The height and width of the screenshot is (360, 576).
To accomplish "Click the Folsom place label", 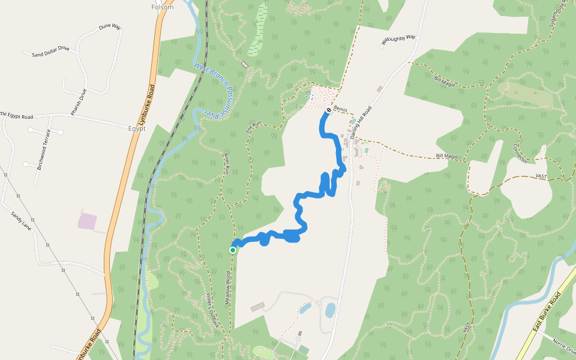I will tap(163, 7).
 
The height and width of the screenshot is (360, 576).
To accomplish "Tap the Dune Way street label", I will tap(110, 27).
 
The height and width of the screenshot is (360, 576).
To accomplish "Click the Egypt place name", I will tap(136, 128).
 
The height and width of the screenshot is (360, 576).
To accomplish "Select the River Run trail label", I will tap(227, 163).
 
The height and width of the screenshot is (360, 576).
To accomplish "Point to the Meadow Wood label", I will tap(228, 289).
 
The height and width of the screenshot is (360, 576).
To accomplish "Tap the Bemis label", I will tap(341, 109).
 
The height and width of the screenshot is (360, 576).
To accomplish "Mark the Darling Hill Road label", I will tap(363, 121).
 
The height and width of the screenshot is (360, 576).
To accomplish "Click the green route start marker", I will tap(233, 250).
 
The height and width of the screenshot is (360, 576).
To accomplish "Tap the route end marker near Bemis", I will tap(329, 110).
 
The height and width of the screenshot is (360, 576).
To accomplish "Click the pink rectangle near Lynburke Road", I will tap(87, 221).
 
